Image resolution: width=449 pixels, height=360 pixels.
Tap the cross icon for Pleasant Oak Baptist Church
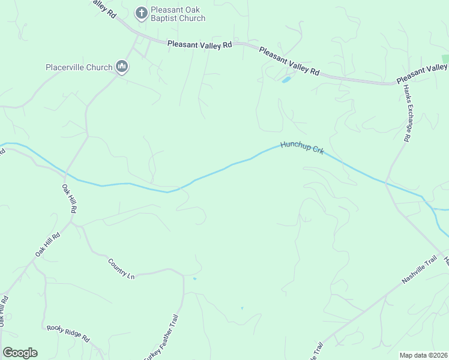141,13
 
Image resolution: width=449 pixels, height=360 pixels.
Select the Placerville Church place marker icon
122,67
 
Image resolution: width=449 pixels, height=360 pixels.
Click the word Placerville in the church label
65,67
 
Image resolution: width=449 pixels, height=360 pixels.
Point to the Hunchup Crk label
303,148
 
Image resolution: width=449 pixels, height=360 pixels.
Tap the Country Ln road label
121,268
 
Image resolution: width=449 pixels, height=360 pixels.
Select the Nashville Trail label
419,272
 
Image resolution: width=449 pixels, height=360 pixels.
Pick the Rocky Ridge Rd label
68,333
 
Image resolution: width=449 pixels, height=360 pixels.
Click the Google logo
20,353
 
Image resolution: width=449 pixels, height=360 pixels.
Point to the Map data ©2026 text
423,355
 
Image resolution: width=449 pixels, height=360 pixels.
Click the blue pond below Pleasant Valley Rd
286,79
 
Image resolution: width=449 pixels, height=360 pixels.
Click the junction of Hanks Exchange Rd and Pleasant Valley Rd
399,83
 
